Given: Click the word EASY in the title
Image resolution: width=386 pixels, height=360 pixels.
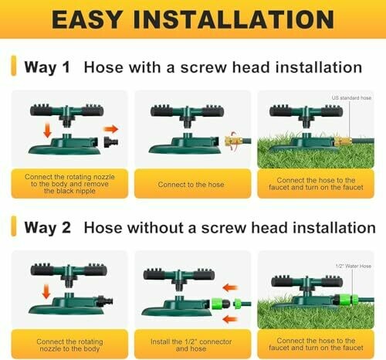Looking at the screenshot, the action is pos(87,19).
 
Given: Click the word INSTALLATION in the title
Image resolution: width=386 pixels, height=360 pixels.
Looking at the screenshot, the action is pos(234,19).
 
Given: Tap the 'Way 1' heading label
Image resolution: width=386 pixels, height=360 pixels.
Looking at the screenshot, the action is pos(47,67).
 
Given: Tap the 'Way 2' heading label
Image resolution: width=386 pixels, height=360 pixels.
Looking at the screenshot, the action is pos(47,228).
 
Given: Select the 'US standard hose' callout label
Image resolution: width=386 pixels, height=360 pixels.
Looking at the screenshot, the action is pos(351,98).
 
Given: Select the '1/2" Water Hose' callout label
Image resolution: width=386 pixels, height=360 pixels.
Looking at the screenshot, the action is pos(354,266).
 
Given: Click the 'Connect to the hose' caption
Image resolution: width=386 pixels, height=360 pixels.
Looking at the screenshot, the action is pos(191,185).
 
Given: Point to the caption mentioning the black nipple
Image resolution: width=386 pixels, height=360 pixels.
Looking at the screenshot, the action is pos(69,184).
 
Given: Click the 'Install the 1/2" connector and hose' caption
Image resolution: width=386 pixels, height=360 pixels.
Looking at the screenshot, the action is pos(191,345).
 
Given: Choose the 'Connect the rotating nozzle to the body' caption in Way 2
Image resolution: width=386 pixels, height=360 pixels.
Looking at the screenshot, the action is pos(69,345).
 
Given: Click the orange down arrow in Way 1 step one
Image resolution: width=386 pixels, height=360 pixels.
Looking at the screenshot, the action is pos(47,131).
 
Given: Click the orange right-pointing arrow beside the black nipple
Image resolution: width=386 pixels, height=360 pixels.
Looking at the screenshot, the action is pos(110,129).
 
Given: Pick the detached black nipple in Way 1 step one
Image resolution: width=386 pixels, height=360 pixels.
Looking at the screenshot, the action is pos(111,142).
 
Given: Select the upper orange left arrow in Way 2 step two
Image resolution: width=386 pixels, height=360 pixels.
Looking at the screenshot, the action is pos(231,287).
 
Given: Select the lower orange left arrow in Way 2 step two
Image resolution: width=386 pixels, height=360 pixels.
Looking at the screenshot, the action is pos(230,320).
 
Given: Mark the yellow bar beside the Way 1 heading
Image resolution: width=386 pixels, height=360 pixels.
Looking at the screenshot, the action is pos(14,66).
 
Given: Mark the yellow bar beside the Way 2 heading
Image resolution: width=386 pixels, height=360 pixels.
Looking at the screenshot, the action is pos(14,226).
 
